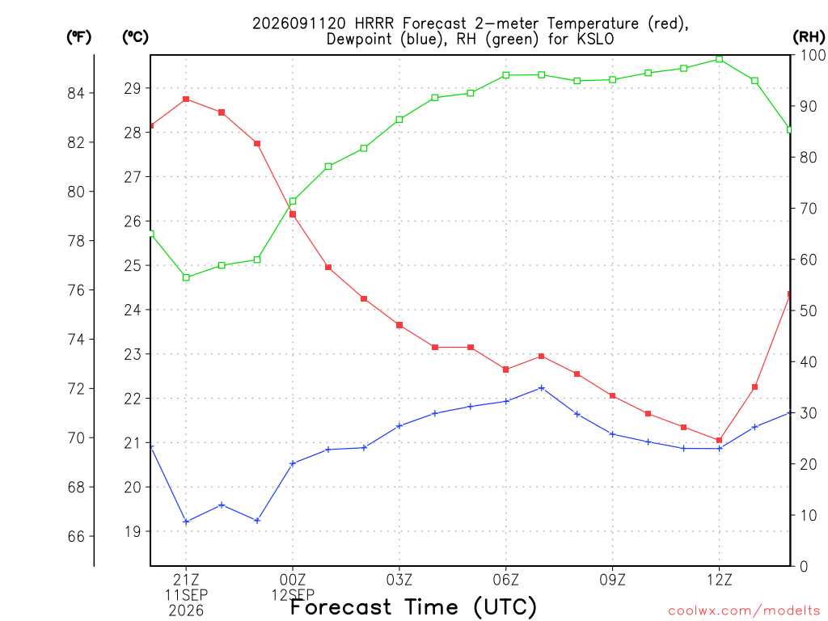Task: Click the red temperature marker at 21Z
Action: click(x=186, y=99)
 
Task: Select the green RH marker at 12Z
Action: click(x=719, y=59)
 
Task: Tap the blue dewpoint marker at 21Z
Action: click(x=186, y=522)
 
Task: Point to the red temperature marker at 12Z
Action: click(x=719, y=441)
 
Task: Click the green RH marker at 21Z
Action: click(x=186, y=277)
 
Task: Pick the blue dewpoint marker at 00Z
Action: click(x=293, y=463)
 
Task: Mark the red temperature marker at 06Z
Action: click(x=506, y=370)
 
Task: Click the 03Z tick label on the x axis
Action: click(x=399, y=580)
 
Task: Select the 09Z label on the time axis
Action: click(x=613, y=580)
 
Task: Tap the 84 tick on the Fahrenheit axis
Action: click(x=76, y=94)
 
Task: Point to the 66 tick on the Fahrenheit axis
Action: click(x=76, y=537)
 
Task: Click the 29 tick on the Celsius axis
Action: click(x=133, y=88)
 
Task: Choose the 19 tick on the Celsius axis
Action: click(x=133, y=531)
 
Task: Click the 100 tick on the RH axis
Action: click(x=813, y=55)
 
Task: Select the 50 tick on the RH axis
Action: click(x=809, y=310)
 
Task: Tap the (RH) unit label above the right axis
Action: click(x=809, y=36)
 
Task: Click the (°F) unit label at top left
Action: click(x=78, y=37)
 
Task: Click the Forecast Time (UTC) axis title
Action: click(x=413, y=606)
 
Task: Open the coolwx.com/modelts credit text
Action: click(x=744, y=610)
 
